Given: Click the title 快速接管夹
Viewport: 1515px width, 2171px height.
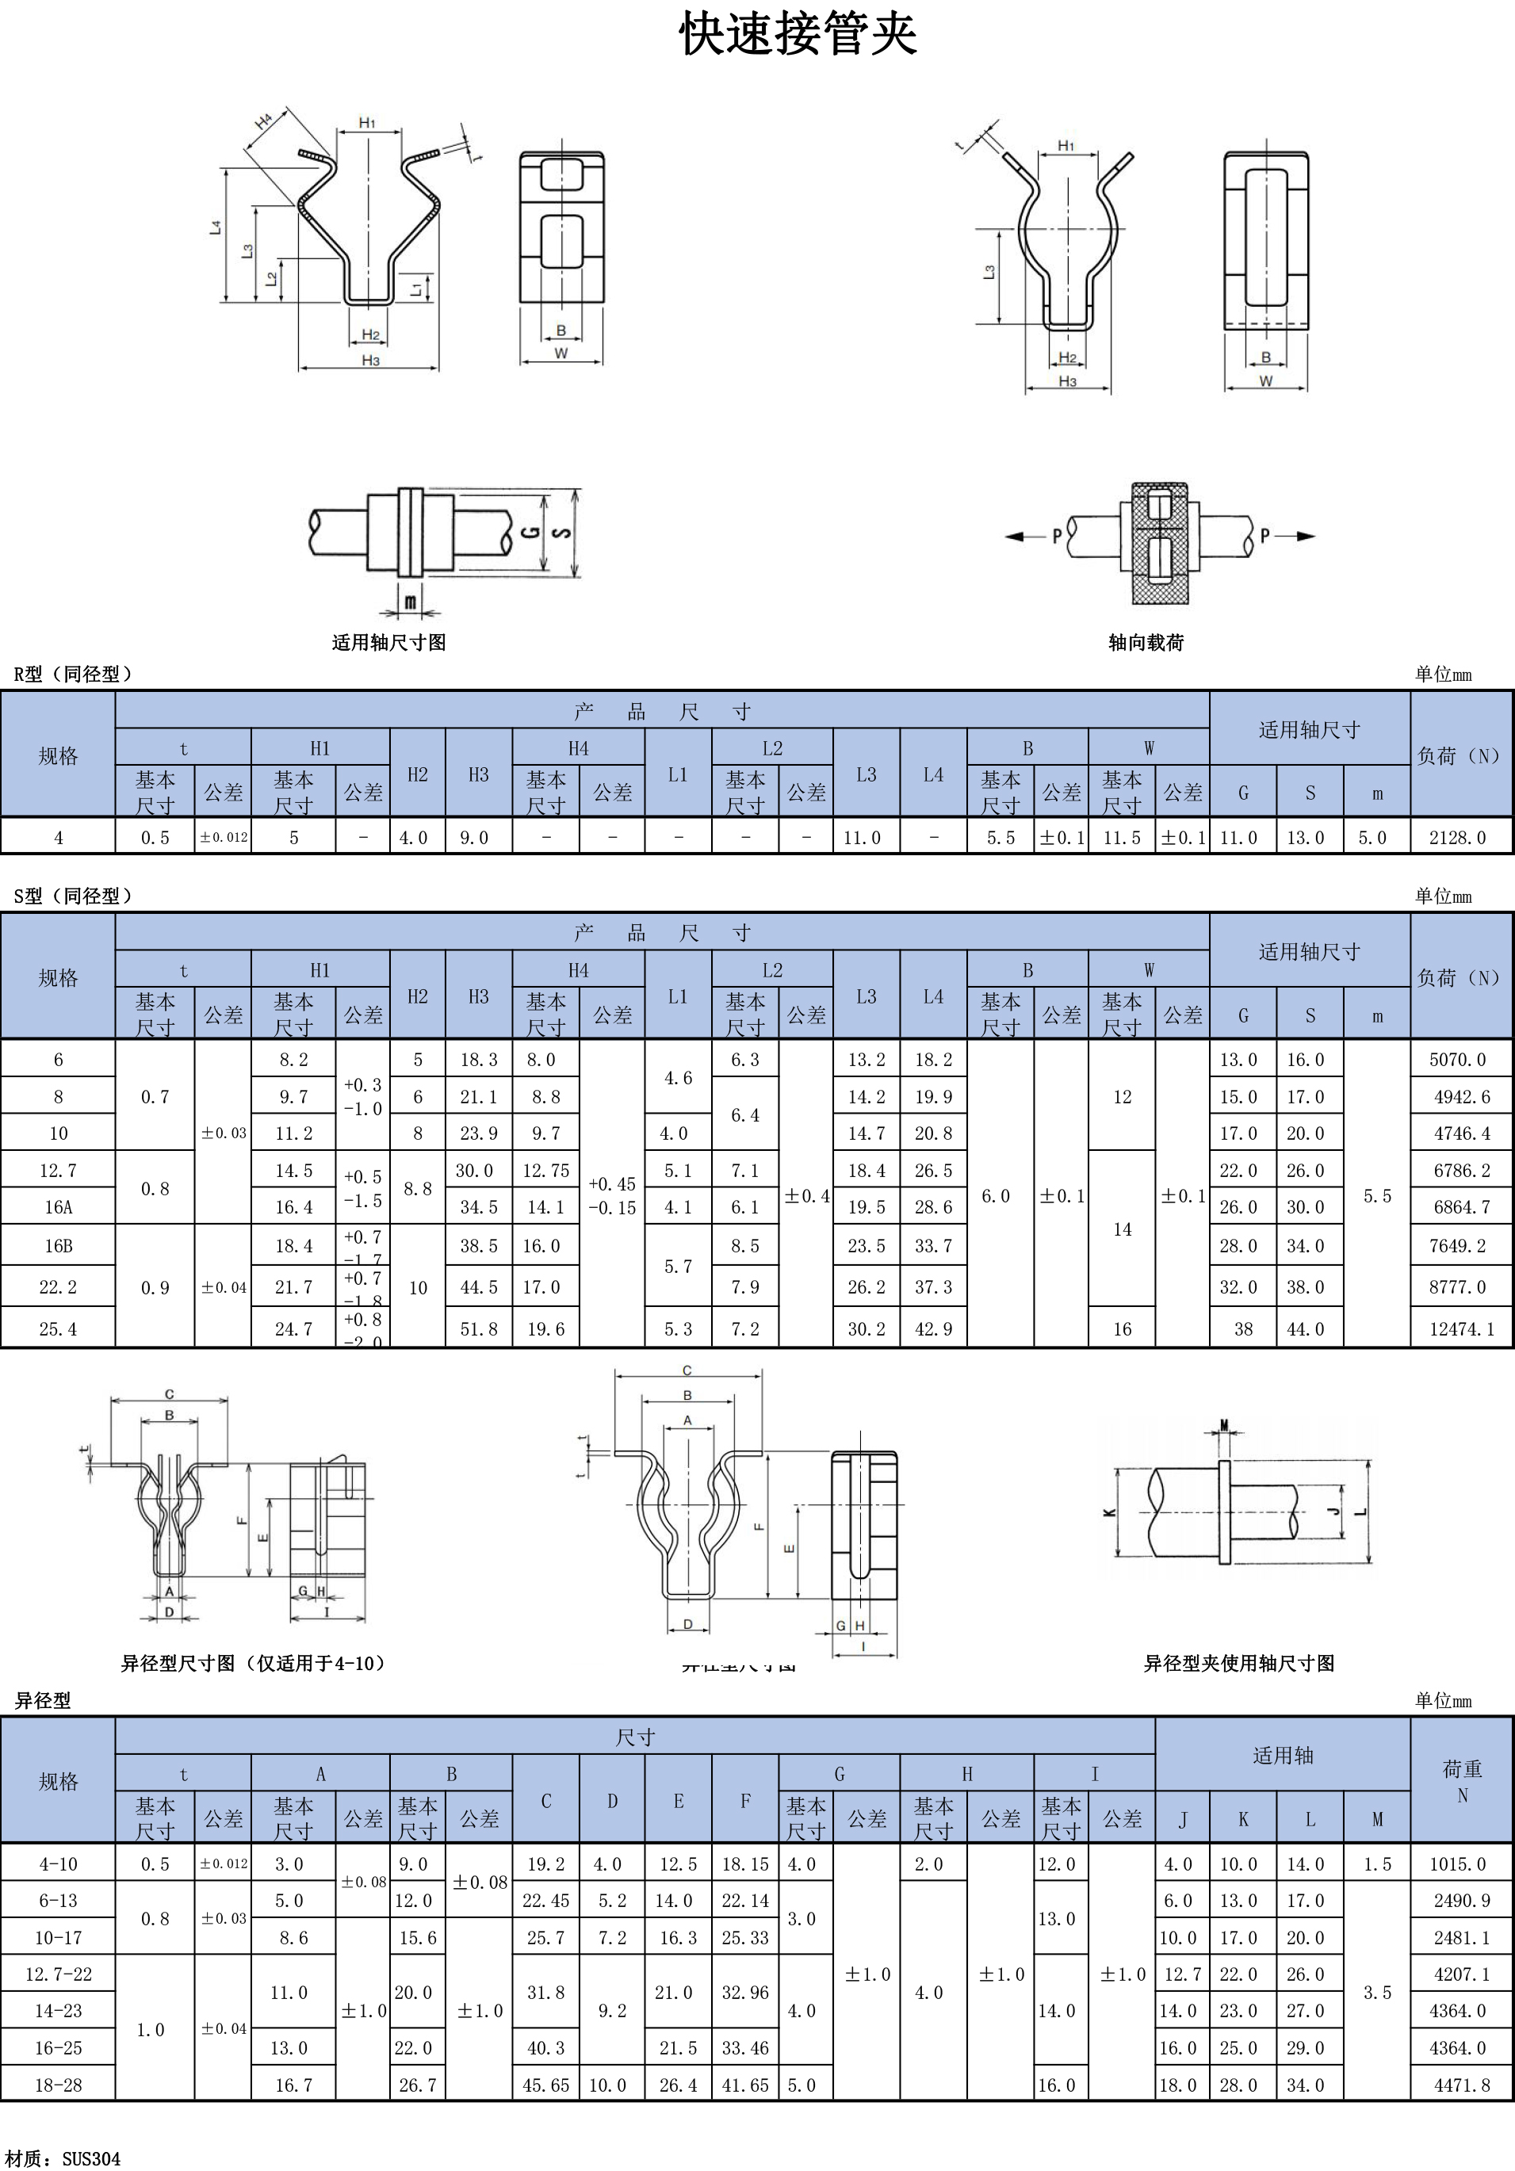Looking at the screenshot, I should (x=798, y=36).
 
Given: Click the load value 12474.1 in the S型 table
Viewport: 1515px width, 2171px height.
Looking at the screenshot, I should (x=1461, y=1328).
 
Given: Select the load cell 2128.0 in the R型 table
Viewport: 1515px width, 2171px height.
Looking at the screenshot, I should (x=1457, y=838).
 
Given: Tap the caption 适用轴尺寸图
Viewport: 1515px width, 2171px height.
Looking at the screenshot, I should (x=388, y=643).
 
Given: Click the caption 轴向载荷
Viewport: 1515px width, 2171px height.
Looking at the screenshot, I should (x=1146, y=643).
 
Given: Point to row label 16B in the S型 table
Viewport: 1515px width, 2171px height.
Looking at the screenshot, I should (x=59, y=1245).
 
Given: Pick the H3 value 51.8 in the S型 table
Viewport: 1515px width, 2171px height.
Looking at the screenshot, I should (x=479, y=1328).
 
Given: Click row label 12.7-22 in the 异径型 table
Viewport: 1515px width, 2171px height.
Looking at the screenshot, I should (x=59, y=1974).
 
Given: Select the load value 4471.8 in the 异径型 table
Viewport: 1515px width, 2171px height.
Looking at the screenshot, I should (x=1461, y=2084).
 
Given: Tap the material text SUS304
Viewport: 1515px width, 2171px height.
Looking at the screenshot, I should (x=92, y=2158).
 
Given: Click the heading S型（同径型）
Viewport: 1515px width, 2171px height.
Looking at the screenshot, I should (x=74, y=896).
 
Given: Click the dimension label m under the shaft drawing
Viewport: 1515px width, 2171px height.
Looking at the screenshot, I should (x=411, y=601).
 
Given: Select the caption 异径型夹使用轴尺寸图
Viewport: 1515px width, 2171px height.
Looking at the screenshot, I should (x=1239, y=1663).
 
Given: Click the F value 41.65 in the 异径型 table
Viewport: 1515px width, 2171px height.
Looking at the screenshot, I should (x=744, y=2084).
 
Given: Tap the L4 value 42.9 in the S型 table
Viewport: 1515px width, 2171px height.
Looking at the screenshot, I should (x=932, y=1328).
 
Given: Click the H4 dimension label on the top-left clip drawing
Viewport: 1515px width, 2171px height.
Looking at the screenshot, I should (x=264, y=121).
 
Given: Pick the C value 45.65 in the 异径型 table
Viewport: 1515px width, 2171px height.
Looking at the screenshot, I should (x=545, y=2084).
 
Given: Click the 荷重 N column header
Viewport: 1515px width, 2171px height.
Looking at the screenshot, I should (x=1462, y=1782).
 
